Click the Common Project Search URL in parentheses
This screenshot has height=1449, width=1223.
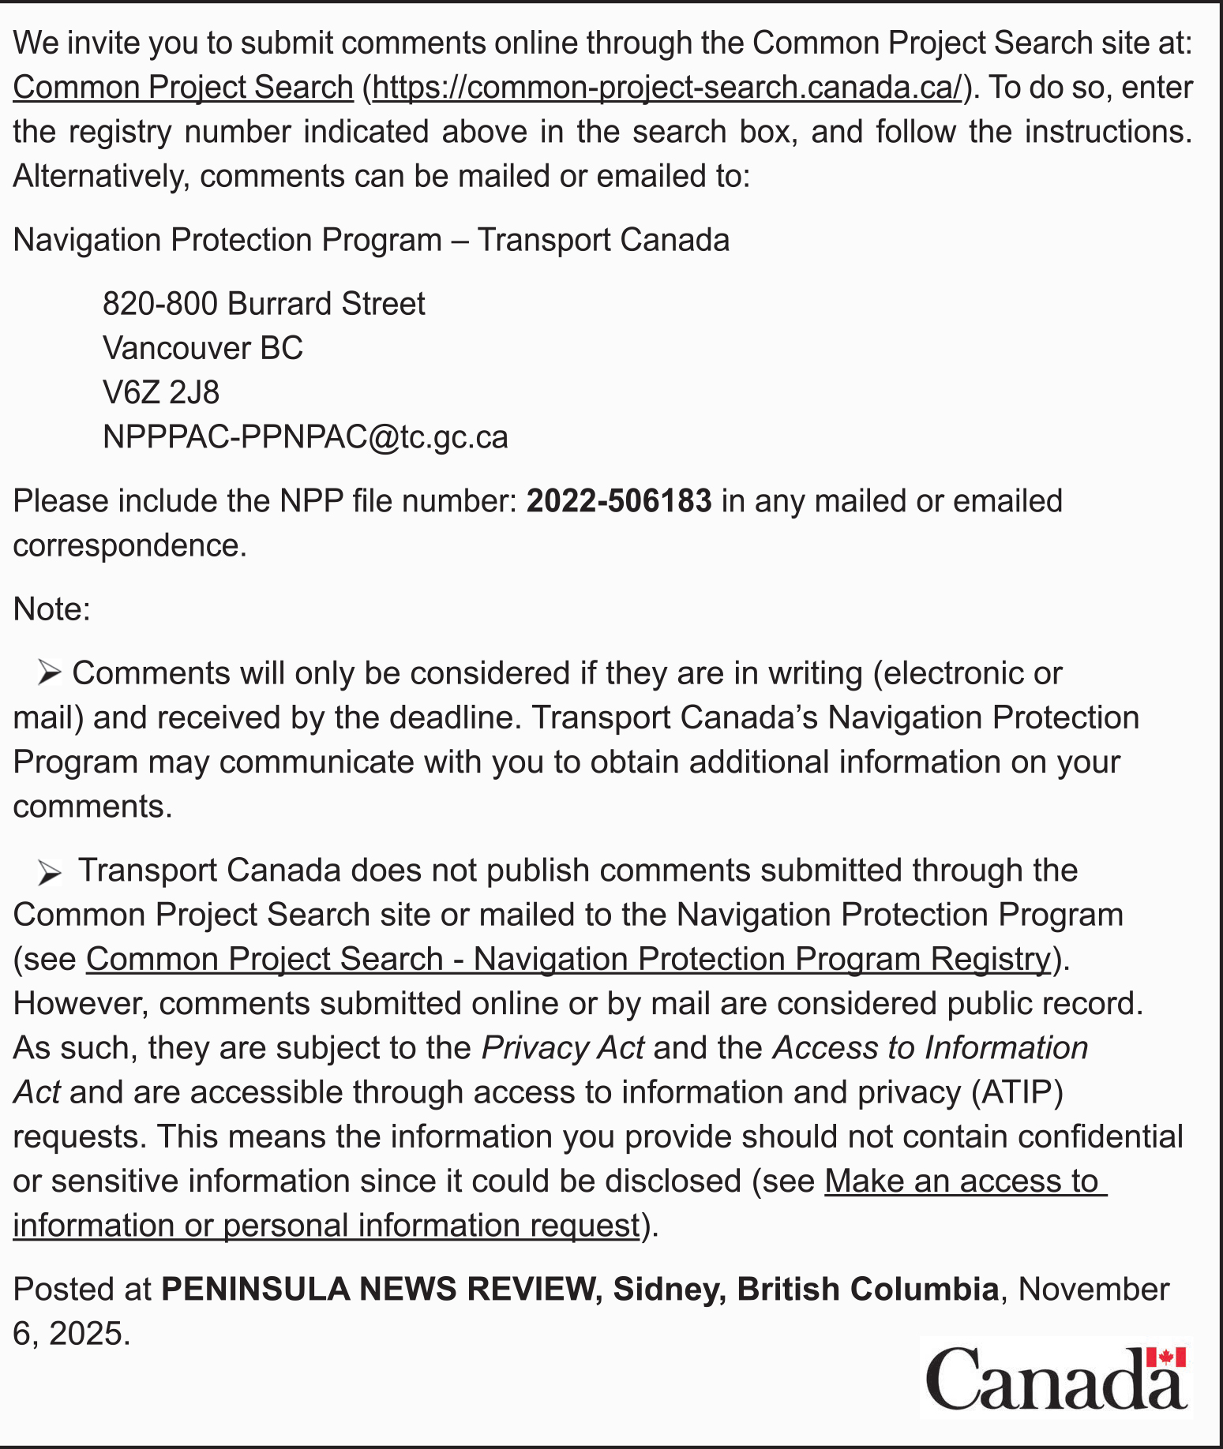point(667,88)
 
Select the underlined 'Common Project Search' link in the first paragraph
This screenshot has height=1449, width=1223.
point(182,88)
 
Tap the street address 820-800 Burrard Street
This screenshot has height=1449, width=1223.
point(264,304)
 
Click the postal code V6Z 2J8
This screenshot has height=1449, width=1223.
point(161,392)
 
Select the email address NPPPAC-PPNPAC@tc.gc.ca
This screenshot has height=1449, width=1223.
point(305,436)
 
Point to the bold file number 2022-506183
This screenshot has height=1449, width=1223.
point(619,501)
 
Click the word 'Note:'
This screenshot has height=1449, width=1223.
point(52,609)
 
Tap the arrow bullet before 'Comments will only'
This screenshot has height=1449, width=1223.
point(49,673)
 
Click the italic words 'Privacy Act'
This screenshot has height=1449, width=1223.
point(563,1048)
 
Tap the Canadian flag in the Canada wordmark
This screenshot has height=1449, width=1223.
point(1165,1358)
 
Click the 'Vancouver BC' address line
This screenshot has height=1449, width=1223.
point(203,348)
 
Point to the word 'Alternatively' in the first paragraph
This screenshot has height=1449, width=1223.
point(101,176)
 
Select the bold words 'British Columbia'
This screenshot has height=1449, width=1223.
point(868,1289)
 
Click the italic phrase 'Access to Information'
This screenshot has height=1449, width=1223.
point(930,1048)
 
